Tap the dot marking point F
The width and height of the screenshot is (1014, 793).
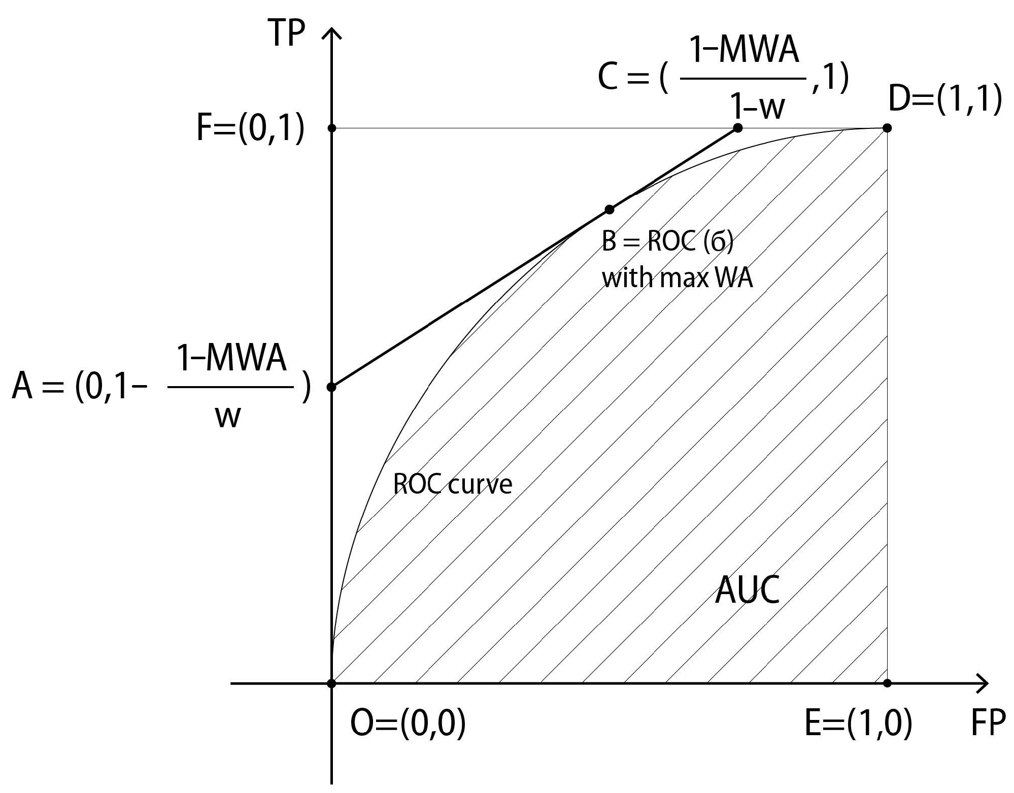click(332, 128)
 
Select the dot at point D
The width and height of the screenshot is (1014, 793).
click(887, 128)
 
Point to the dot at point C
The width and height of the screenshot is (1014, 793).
click(738, 128)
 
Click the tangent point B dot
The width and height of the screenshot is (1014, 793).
click(610, 210)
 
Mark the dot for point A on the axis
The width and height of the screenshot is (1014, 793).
click(331, 387)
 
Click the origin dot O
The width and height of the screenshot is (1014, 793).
click(331, 683)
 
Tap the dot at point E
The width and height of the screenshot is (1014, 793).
click(887, 683)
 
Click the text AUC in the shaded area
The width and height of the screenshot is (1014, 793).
click(747, 591)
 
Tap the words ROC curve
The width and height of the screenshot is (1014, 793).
click(453, 485)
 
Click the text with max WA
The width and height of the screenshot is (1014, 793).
click(677, 278)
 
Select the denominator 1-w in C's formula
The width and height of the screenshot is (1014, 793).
click(757, 107)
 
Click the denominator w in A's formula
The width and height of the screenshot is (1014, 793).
click(227, 418)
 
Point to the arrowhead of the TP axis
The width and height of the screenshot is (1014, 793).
click(331, 33)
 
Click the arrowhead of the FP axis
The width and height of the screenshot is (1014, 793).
click(984, 683)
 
